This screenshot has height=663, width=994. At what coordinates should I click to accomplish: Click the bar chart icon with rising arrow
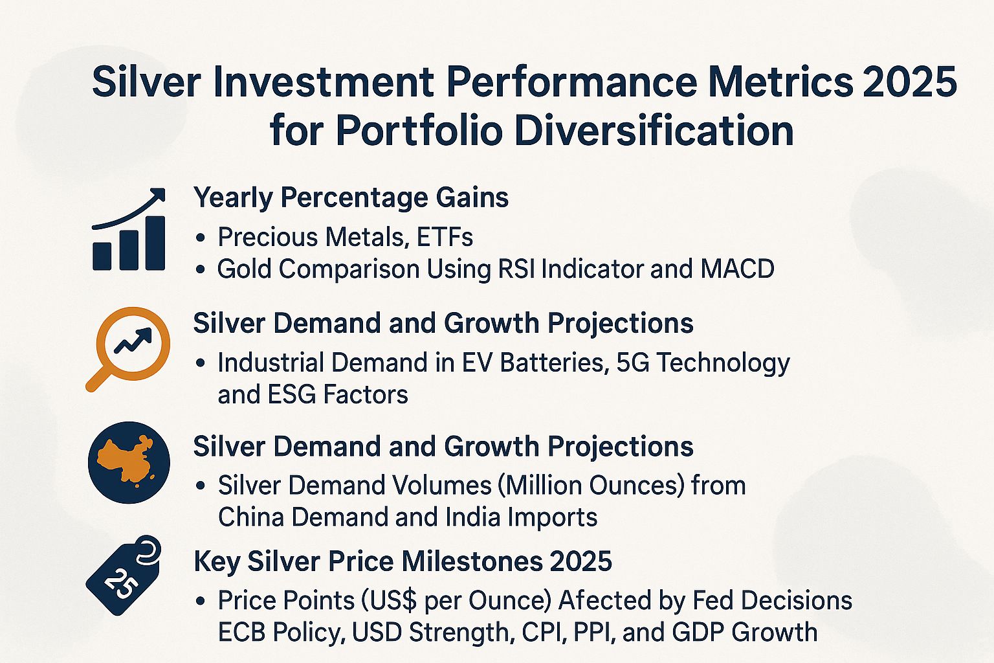[x=129, y=231]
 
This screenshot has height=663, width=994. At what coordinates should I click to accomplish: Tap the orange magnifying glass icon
[x=129, y=346]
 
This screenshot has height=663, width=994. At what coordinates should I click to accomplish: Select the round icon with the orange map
[x=129, y=462]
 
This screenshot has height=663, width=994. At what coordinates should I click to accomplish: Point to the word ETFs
[x=445, y=238]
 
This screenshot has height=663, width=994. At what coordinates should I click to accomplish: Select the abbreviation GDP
[x=707, y=633]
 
